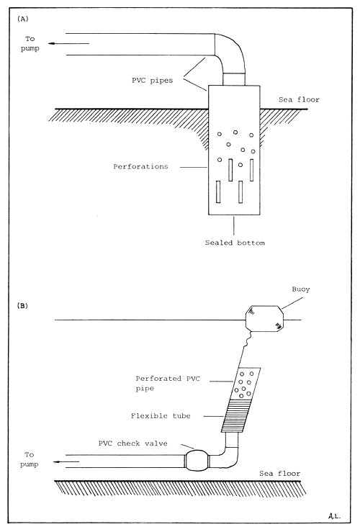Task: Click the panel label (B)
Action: (x=23, y=305)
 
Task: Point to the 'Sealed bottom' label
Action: (x=235, y=243)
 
